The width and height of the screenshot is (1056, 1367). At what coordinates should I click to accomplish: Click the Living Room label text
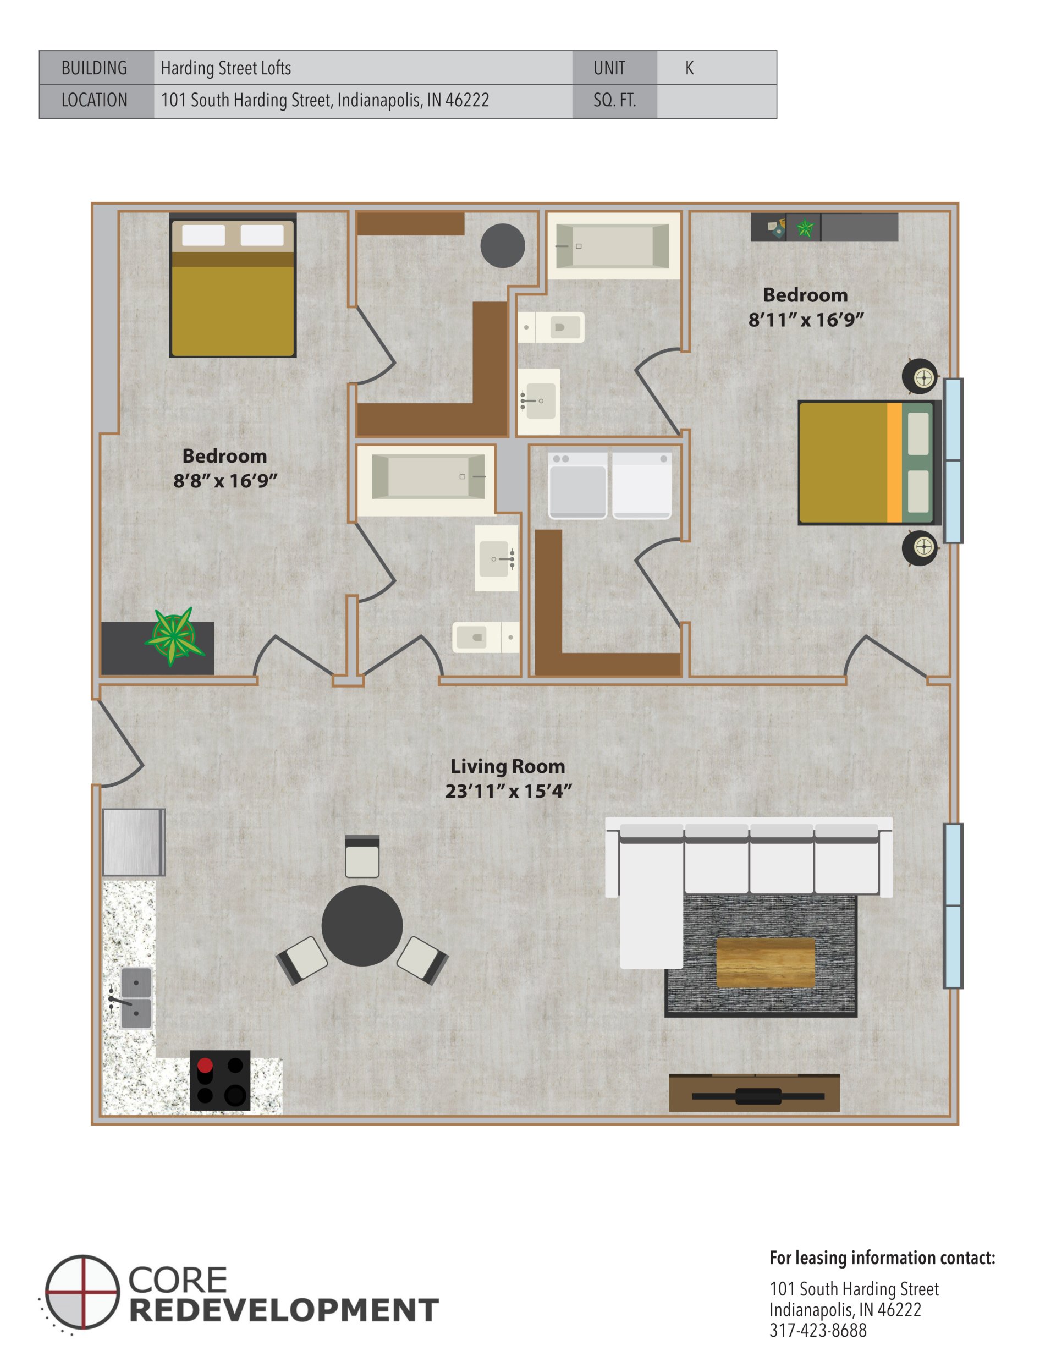pyautogui.click(x=507, y=766)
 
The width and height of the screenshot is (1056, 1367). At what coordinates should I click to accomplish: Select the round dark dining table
pyautogui.click(x=362, y=925)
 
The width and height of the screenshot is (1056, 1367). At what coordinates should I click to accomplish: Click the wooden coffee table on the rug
pyautogui.click(x=765, y=963)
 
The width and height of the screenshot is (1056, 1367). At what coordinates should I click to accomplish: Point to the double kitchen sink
pyautogui.click(x=136, y=998)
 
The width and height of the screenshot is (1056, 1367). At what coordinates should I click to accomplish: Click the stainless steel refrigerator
pyautogui.click(x=133, y=842)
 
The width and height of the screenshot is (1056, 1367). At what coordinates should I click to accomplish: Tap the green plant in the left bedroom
pyautogui.click(x=173, y=636)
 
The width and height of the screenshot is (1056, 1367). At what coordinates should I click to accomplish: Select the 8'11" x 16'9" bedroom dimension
pyautogui.click(x=806, y=320)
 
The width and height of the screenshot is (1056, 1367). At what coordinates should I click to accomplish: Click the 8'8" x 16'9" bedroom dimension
pyautogui.click(x=225, y=481)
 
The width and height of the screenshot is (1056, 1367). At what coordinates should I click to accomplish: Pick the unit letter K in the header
pyautogui.click(x=689, y=68)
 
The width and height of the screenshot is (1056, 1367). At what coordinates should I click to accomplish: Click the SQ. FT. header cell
pyautogui.click(x=614, y=100)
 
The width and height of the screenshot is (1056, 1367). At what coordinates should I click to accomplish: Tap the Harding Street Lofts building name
pyautogui.click(x=226, y=68)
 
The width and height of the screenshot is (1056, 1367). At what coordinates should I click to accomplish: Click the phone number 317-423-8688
pyautogui.click(x=817, y=1330)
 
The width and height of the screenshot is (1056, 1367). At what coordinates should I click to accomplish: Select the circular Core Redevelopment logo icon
pyautogui.click(x=82, y=1292)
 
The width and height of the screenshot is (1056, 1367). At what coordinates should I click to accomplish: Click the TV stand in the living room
pyautogui.click(x=754, y=1094)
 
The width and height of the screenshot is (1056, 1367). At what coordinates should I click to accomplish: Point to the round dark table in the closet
pyautogui.click(x=502, y=245)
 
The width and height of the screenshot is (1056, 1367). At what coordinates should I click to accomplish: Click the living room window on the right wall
pyautogui.click(x=952, y=905)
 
